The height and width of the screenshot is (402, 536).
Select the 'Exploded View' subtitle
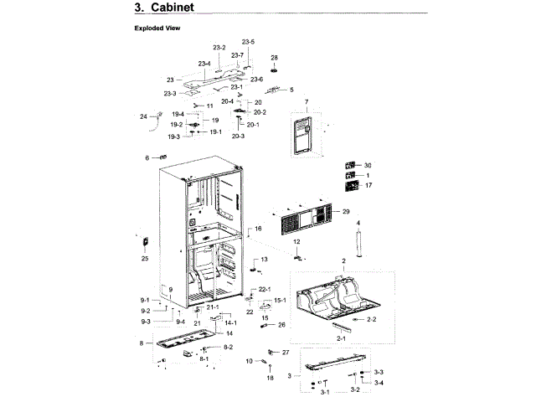pyautogui.click(x=157, y=28)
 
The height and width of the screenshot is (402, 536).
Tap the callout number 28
pyautogui.click(x=274, y=57)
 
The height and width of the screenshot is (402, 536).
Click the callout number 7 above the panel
pyautogui.click(x=307, y=102)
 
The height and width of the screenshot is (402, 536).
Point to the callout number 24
pyautogui.click(x=142, y=116)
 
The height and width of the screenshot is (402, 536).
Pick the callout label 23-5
pyautogui.click(x=248, y=42)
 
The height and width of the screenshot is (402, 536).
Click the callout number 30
pyautogui.click(x=367, y=165)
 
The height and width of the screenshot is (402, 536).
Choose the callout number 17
pyautogui.click(x=367, y=185)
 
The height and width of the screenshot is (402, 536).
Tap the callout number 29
pyautogui.click(x=345, y=212)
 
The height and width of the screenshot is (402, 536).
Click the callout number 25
pyautogui.click(x=144, y=259)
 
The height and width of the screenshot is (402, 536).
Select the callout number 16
pyautogui.click(x=259, y=229)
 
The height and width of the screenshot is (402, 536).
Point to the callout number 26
pyautogui.click(x=281, y=324)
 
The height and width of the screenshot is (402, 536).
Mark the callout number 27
pyautogui.click(x=285, y=352)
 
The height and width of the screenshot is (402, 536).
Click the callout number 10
pyautogui.click(x=249, y=361)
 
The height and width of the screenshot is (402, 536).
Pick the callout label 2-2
pyautogui.click(x=372, y=320)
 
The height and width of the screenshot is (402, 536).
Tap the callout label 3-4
pyautogui.click(x=379, y=383)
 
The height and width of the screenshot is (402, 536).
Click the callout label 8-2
pyautogui.click(x=227, y=347)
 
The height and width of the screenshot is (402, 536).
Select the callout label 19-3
pyautogui.click(x=173, y=137)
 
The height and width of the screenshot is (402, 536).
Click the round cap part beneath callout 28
pyautogui.click(x=274, y=70)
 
